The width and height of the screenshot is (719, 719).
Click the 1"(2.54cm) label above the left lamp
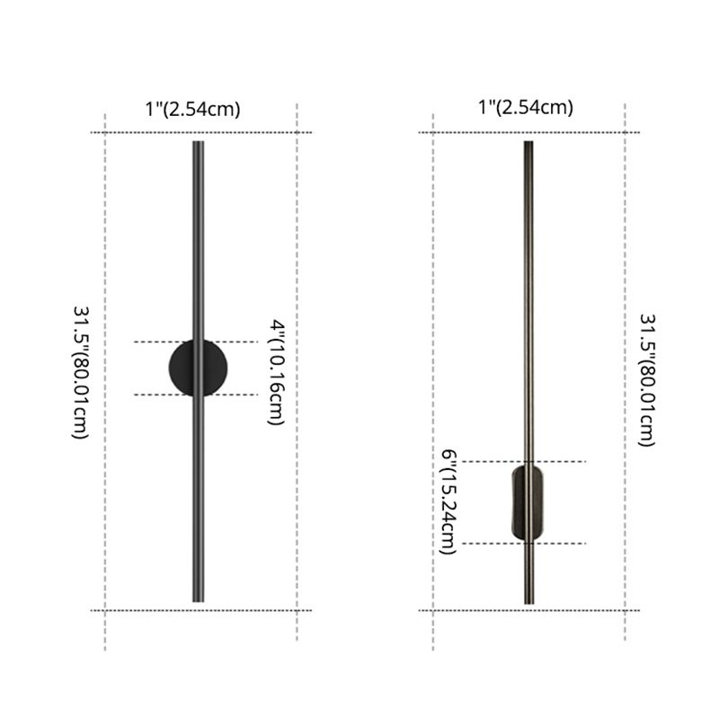pos(193,110)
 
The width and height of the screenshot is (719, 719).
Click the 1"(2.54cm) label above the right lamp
pos(527,108)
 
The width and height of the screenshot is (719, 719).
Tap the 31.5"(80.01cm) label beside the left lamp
pos(81,371)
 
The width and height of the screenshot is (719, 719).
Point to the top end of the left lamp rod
pos(198,144)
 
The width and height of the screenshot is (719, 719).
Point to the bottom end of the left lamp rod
pos(198,599)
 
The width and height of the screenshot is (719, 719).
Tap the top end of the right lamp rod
pos(528,144)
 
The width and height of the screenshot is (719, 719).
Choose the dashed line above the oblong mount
pos(566,462)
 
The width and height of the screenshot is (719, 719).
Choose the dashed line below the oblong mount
pos(566,543)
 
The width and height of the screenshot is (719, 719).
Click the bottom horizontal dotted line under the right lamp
pos(584,610)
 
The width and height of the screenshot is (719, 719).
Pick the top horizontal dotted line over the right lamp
pos(584,132)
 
